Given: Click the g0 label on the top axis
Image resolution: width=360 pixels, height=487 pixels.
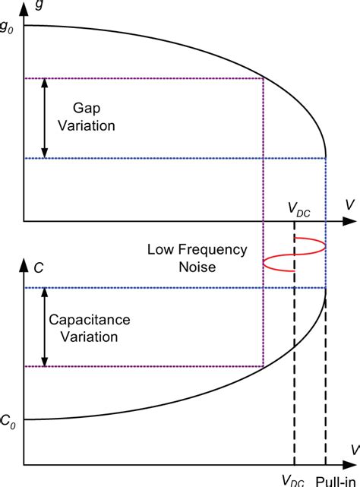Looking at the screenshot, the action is (6, 28).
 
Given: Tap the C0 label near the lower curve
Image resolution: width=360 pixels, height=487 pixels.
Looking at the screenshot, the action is (8, 422).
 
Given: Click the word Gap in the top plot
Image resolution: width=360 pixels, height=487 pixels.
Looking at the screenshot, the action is (87, 109).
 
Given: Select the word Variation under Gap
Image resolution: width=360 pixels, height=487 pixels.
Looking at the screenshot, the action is (87, 126).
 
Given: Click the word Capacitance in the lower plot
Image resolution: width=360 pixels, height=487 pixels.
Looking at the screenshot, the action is (90, 320).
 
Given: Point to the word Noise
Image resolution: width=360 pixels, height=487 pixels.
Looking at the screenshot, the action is (197, 267).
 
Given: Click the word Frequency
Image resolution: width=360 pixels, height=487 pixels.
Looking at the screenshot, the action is (213, 250).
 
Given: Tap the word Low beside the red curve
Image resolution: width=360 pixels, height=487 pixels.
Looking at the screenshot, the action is (161, 249).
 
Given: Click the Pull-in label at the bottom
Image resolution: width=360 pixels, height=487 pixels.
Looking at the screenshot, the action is (336, 482).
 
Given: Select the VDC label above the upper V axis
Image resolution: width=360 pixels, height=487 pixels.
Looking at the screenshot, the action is (299, 209).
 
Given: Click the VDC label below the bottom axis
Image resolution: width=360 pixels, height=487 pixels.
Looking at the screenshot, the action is (293, 481).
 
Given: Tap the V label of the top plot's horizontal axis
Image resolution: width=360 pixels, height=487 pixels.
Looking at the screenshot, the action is (350, 205).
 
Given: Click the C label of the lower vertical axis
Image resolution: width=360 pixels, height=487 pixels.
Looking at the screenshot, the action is (39, 268).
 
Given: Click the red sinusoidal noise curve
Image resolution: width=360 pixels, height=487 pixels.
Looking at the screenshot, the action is (294, 255).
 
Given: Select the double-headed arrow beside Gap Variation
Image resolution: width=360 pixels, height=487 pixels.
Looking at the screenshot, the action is (45, 119).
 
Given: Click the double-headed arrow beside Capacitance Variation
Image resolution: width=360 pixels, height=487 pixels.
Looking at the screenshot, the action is (45, 327).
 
